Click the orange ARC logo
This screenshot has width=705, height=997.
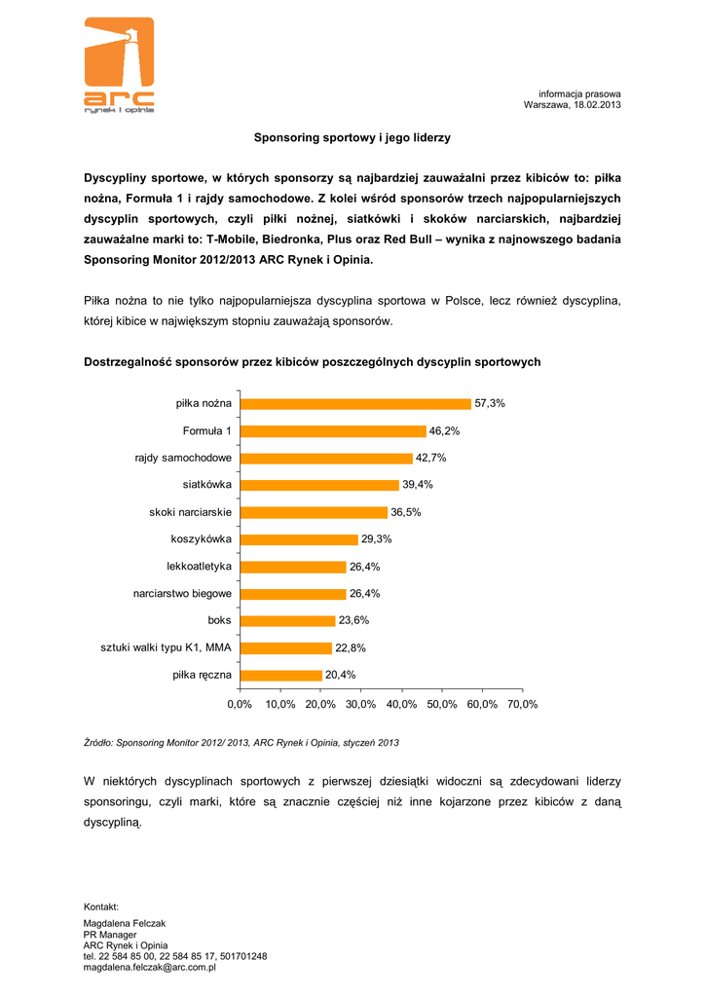tap(119, 66)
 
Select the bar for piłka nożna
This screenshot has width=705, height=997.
tap(355, 403)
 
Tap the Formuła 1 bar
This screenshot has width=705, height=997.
tap(333, 430)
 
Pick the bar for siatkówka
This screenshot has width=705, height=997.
tap(319, 485)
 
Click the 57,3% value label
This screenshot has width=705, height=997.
tap(490, 403)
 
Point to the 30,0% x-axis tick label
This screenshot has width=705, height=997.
tap(361, 703)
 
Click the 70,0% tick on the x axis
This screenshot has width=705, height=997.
tap(522, 703)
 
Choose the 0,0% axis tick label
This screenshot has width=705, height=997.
tap(240, 703)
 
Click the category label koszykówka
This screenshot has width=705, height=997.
tap(201, 538)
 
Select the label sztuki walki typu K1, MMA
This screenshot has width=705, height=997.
tap(167, 647)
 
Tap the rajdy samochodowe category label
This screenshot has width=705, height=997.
tap(183, 458)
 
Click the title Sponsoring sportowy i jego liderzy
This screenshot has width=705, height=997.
tap(352, 138)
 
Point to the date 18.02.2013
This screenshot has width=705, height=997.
tap(597, 104)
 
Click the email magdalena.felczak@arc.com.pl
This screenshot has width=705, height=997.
tap(150, 967)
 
